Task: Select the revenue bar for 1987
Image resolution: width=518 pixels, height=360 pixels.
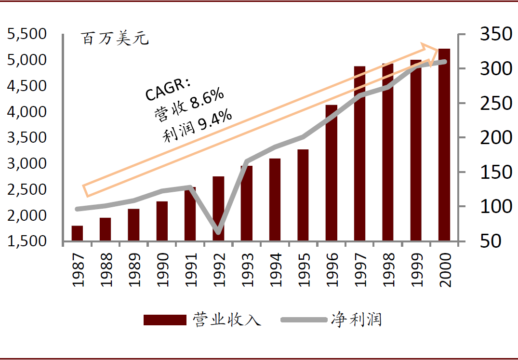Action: pyautogui.click(x=77, y=233)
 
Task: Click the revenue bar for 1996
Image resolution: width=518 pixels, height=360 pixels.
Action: pyautogui.click(x=331, y=173)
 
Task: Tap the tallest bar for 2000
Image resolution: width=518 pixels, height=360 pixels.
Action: pyautogui.click(x=444, y=145)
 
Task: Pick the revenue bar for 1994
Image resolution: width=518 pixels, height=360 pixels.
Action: pyautogui.click(x=275, y=200)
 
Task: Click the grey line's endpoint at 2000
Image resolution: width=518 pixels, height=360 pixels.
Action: pyautogui.click(x=444, y=62)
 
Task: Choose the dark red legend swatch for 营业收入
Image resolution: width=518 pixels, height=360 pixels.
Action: pyautogui.click(x=165, y=320)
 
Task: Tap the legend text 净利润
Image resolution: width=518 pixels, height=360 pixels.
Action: pyautogui.click(x=357, y=320)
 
